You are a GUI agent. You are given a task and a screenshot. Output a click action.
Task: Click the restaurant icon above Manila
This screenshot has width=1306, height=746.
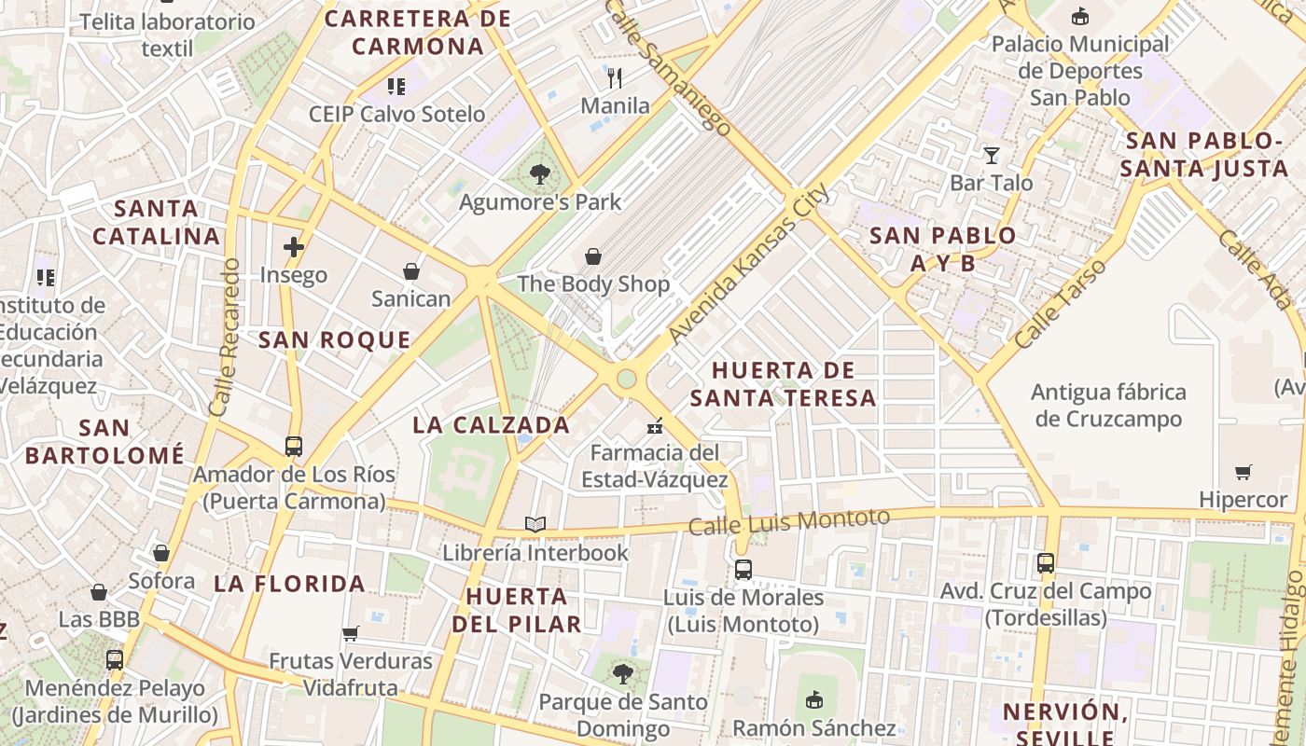614,78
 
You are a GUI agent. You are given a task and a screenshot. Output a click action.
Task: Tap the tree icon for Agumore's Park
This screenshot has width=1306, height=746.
539,173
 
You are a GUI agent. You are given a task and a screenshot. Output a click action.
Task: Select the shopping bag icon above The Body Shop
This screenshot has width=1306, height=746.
593,256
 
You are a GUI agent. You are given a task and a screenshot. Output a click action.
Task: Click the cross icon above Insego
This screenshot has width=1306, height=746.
294,247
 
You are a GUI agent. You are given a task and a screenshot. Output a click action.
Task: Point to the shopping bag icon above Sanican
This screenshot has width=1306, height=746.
411,271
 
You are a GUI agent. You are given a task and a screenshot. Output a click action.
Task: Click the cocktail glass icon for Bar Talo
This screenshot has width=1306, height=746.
991,155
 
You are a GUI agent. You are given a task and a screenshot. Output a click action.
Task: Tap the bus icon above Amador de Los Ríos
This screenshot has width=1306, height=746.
294,447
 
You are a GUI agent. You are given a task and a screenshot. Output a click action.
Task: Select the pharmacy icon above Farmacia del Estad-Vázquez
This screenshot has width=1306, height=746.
655,426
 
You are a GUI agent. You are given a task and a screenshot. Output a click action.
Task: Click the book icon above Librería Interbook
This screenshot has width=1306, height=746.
535,525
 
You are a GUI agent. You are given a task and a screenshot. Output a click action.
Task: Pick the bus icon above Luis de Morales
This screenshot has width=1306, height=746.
743,570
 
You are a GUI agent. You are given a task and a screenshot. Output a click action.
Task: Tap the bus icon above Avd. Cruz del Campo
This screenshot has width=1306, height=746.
1046,563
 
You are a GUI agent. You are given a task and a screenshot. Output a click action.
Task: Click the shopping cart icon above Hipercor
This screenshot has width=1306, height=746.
1243,473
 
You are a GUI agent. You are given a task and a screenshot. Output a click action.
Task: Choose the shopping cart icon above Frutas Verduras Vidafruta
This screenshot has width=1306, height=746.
351,634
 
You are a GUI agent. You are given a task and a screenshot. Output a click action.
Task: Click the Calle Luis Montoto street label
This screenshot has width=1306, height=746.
789,521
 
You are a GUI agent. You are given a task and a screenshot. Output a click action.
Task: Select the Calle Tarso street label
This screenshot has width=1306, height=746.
1061,304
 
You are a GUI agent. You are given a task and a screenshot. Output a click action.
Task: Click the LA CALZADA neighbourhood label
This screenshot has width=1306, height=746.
491,425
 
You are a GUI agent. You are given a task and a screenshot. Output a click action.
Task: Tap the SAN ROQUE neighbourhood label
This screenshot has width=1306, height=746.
334,340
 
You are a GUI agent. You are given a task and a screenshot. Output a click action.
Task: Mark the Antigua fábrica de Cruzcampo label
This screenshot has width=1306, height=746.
1109,406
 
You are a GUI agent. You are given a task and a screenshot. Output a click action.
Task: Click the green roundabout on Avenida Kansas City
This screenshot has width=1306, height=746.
627,379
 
